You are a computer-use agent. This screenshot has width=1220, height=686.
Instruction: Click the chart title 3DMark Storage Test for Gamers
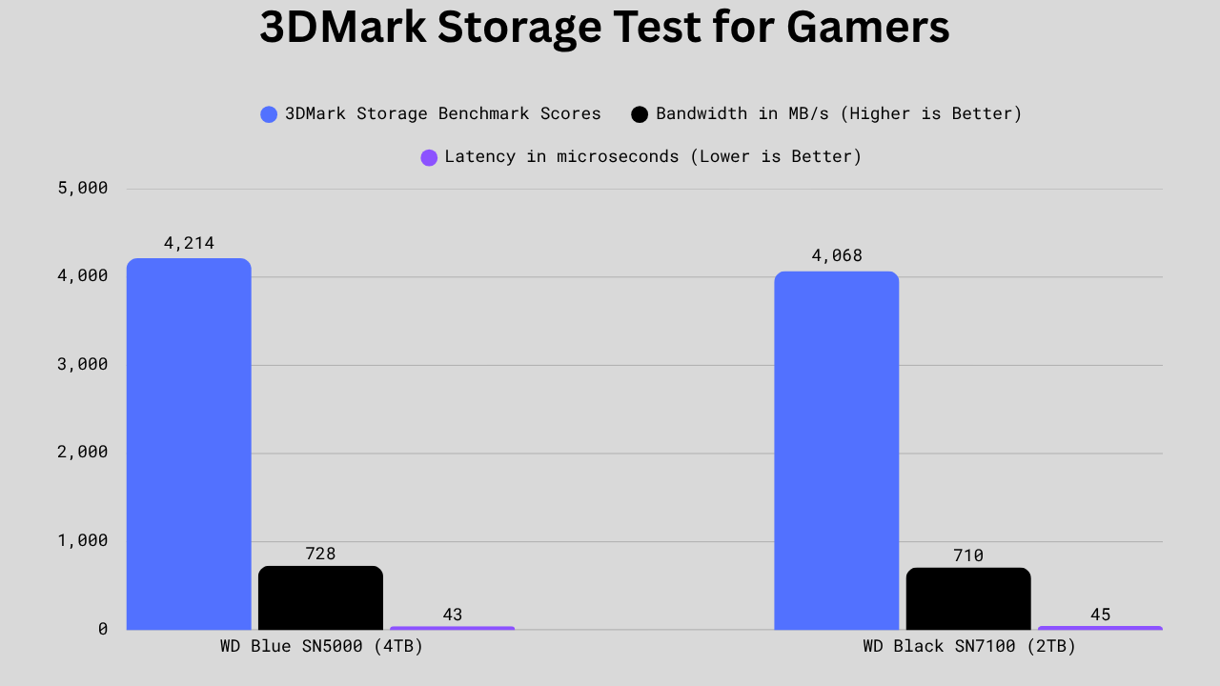pyautogui.click(x=604, y=29)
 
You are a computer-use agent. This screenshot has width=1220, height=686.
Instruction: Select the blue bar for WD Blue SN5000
pyautogui.click(x=189, y=444)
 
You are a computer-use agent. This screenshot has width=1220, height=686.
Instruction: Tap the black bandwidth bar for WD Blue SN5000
pyautogui.click(x=320, y=598)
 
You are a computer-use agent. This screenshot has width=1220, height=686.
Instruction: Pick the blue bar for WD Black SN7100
pyautogui.click(x=836, y=451)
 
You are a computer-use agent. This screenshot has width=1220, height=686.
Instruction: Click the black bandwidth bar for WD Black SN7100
pyautogui.click(x=968, y=599)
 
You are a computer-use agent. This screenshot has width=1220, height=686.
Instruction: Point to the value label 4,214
pyautogui.click(x=189, y=244)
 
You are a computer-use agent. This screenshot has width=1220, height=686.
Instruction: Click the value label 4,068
pyautogui.click(x=836, y=256)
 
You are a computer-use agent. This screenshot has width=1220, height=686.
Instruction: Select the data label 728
pyautogui.click(x=320, y=554)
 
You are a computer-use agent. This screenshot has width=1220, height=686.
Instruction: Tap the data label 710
pyautogui.click(x=968, y=555)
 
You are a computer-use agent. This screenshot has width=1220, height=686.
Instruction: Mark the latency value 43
pyautogui.click(x=452, y=615)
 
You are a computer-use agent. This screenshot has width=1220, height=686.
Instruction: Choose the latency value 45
pyautogui.click(x=1100, y=615)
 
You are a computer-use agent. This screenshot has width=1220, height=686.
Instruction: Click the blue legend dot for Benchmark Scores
pyautogui.click(x=269, y=114)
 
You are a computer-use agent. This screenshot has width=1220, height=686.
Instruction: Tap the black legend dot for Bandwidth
pyautogui.click(x=640, y=114)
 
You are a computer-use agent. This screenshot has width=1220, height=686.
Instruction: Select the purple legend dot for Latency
pyautogui.click(x=429, y=157)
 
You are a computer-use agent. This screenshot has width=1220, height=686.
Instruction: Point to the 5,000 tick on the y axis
pyautogui.click(x=83, y=189)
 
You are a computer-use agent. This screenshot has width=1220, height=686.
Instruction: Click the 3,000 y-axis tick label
pyautogui.click(x=83, y=365)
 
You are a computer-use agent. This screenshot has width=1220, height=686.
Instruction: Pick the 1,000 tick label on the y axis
pyautogui.click(x=83, y=541)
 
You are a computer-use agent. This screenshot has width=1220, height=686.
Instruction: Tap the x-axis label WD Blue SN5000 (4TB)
pyautogui.click(x=321, y=647)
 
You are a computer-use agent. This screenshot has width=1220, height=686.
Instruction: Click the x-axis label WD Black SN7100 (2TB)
pyautogui.click(x=969, y=647)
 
